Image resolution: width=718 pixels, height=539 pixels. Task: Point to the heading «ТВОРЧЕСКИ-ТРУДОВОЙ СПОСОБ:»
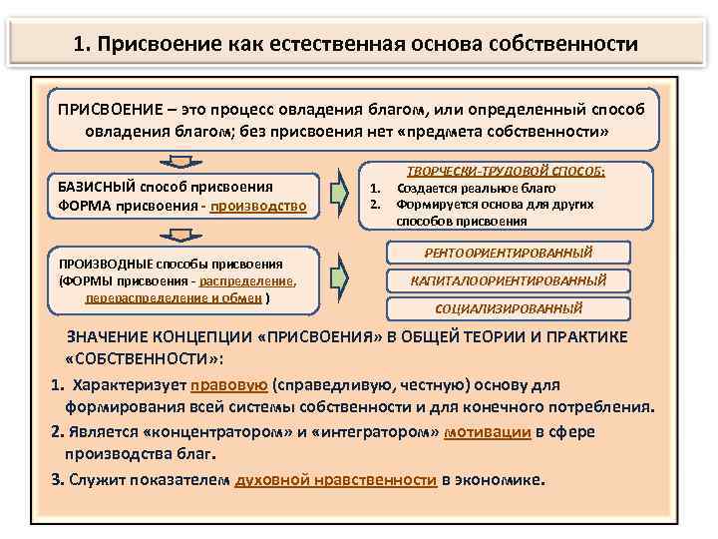click(505, 171)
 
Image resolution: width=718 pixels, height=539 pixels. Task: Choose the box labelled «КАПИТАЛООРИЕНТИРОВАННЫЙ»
click(509, 280)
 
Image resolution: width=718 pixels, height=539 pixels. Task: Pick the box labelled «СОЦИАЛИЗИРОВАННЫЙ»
click(510, 308)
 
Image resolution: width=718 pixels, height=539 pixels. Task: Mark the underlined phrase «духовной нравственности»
click(336, 479)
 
